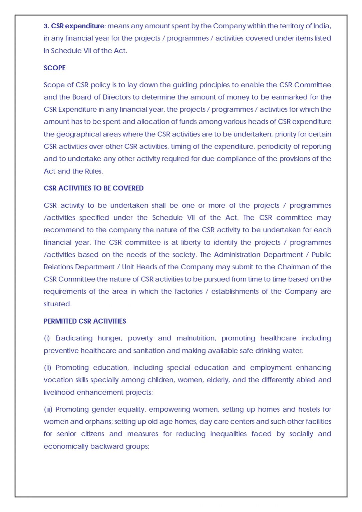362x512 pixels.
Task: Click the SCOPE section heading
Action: point(54,68)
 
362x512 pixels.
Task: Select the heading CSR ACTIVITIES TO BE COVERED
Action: point(93,188)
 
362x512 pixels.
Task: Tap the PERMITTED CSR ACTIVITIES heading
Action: point(85,321)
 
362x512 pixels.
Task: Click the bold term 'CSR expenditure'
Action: point(77,26)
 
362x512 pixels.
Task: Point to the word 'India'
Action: point(322,26)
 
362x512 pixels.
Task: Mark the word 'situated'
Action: point(57,304)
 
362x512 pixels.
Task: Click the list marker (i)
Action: point(47,338)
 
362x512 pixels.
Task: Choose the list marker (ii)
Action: point(47,368)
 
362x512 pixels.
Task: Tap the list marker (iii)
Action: point(48,409)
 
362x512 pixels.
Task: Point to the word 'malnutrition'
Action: point(196,338)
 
